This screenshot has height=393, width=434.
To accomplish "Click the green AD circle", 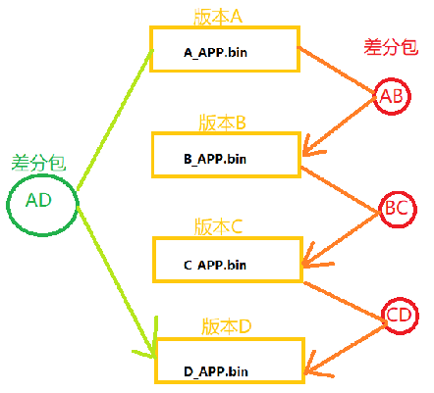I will [38, 201].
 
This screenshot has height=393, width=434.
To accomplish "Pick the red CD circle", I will [400, 316].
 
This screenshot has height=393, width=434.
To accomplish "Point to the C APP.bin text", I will [225, 265].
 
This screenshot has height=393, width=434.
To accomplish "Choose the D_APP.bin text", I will [225, 371].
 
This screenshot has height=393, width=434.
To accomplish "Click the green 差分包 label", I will [38, 161].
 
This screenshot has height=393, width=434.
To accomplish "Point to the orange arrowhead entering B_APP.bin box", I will [312, 149].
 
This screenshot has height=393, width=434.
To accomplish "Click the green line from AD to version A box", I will [113, 120].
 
